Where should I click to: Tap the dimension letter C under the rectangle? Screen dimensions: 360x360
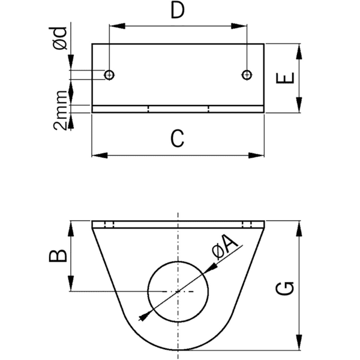[x=176, y=139]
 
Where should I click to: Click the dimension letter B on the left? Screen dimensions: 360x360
[x=58, y=256]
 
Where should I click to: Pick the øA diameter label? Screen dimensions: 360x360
[x=227, y=248]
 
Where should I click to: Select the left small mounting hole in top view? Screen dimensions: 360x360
[x=109, y=74]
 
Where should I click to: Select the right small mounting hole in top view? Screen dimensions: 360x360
[x=246, y=74]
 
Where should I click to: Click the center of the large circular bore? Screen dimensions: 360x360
[x=178, y=292]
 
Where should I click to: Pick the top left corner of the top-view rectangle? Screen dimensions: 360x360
[x=92, y=44]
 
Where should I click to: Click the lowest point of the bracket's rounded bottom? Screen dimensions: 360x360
[x=178, y=350]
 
